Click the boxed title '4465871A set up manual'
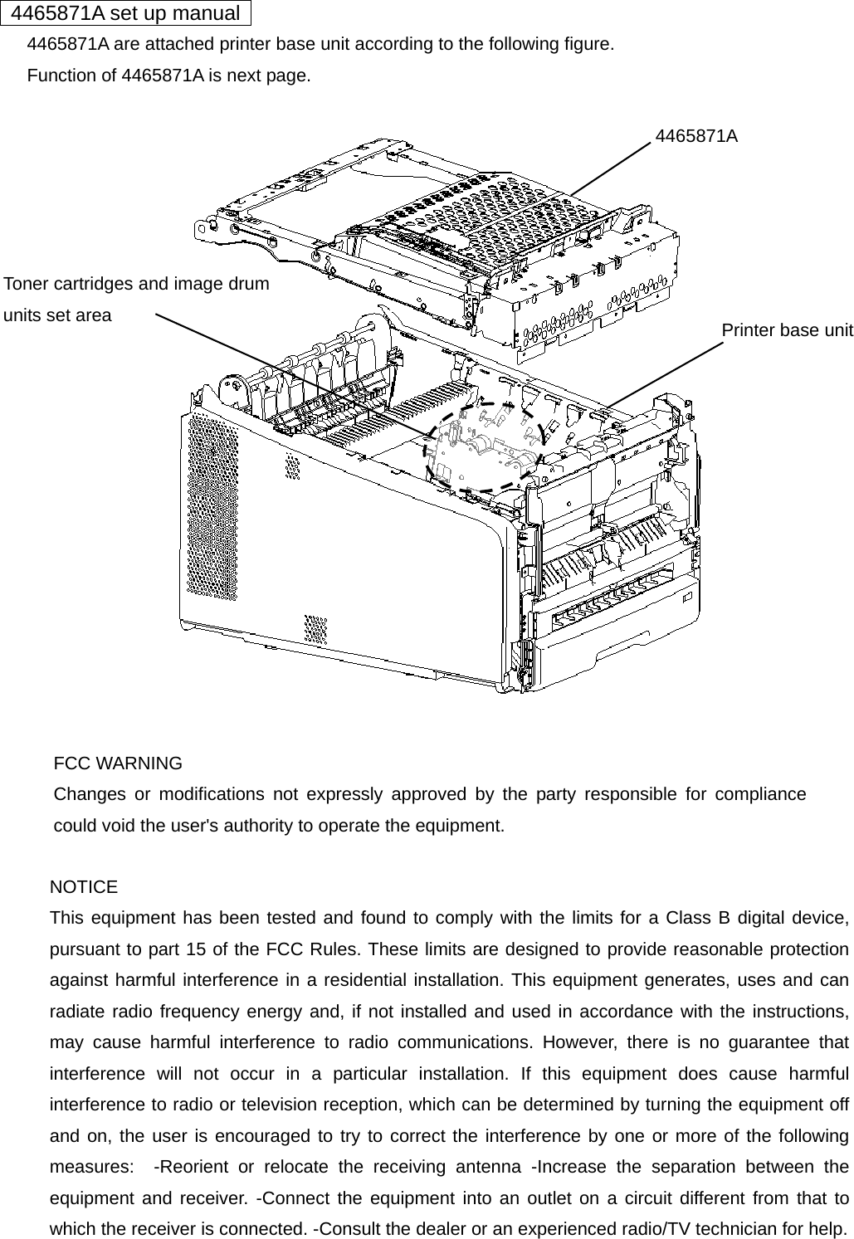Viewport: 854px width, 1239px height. coord(125,13)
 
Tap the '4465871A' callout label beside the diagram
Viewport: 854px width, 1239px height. coord(696,136)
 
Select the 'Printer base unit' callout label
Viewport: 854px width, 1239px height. coord(787,330)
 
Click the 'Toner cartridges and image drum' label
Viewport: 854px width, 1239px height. coord(137,284)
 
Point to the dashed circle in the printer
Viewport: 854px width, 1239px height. coord(484,446)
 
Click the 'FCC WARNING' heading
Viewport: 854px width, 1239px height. coord(118,763)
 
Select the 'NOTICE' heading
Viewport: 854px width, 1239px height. coord(84,887)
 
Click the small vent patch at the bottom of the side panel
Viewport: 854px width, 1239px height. coord(315,629)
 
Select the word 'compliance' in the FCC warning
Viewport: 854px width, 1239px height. coord(760,794)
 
